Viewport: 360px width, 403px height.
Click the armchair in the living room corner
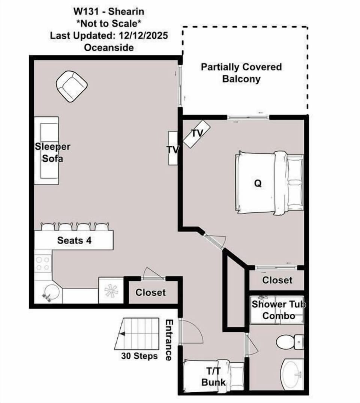(x=72, y=86)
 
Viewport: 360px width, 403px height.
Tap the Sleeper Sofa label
(x=52, y=152)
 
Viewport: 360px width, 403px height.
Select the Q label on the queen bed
(x=258, y=183)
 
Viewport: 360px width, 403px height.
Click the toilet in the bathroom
(x=290, y=342)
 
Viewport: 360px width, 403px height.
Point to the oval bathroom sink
(x=293, y=375)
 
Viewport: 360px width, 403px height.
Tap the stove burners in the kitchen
(x=43, y=264)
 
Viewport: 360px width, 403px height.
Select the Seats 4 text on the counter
(x=74, y=240)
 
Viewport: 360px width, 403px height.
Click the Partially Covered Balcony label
(x=241, y=73)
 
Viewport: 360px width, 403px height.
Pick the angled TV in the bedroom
(x=197, y=134)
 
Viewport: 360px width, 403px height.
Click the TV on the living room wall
(x=172, y=148)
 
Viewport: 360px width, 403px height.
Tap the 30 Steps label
(x=139, y=356)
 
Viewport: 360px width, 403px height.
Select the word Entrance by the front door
(x=169, y=340)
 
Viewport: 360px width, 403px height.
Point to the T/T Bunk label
(x=214, y=376)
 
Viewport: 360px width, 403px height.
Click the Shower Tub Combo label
(x=279, y=310)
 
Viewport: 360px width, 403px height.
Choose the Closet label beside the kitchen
(x=150, y=292)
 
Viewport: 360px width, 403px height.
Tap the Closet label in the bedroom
(x=277, y=280)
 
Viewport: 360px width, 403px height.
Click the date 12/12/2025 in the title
(x=143, y=36)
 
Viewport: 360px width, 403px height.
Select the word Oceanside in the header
(x=109, y=48)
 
